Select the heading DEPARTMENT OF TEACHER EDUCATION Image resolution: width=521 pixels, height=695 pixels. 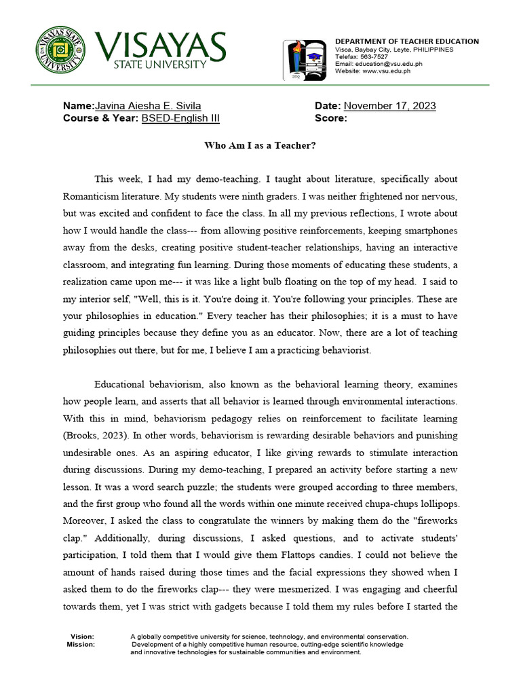407,41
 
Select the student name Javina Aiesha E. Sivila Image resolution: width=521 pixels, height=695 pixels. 148,106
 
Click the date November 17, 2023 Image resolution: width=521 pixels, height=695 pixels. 390,106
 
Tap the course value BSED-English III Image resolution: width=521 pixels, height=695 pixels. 180,118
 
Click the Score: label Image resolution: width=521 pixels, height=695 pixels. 331,118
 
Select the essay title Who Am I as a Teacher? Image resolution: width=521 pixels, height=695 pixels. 260,145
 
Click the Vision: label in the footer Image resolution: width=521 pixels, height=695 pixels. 82,637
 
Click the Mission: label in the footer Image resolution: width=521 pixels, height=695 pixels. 81,644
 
